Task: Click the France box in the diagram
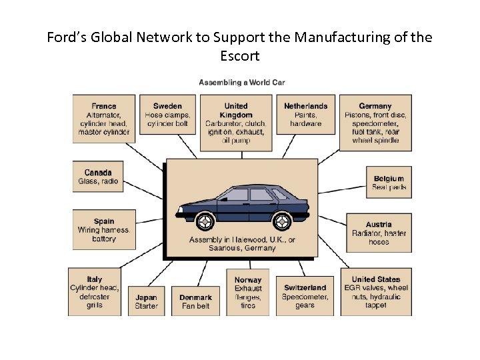tap(103, 119)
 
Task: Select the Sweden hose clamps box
tap(167, 115)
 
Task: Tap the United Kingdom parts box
tap(235, 123)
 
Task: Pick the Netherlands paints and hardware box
tap(305, 115)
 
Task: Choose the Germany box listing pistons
tap(375, 123)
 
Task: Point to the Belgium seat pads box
tap(389, 183)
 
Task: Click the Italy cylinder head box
tap(95, 292)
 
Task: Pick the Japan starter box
tap(146, 301)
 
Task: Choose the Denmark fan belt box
tap(196, 301)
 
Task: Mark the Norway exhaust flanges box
tap(248, 292)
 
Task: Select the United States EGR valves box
tap(376, 292)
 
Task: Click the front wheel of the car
tap(203, 220)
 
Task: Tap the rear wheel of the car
tap(282, 221)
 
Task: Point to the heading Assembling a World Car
tap(242, 83)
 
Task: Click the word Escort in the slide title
tap(239, 56)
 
